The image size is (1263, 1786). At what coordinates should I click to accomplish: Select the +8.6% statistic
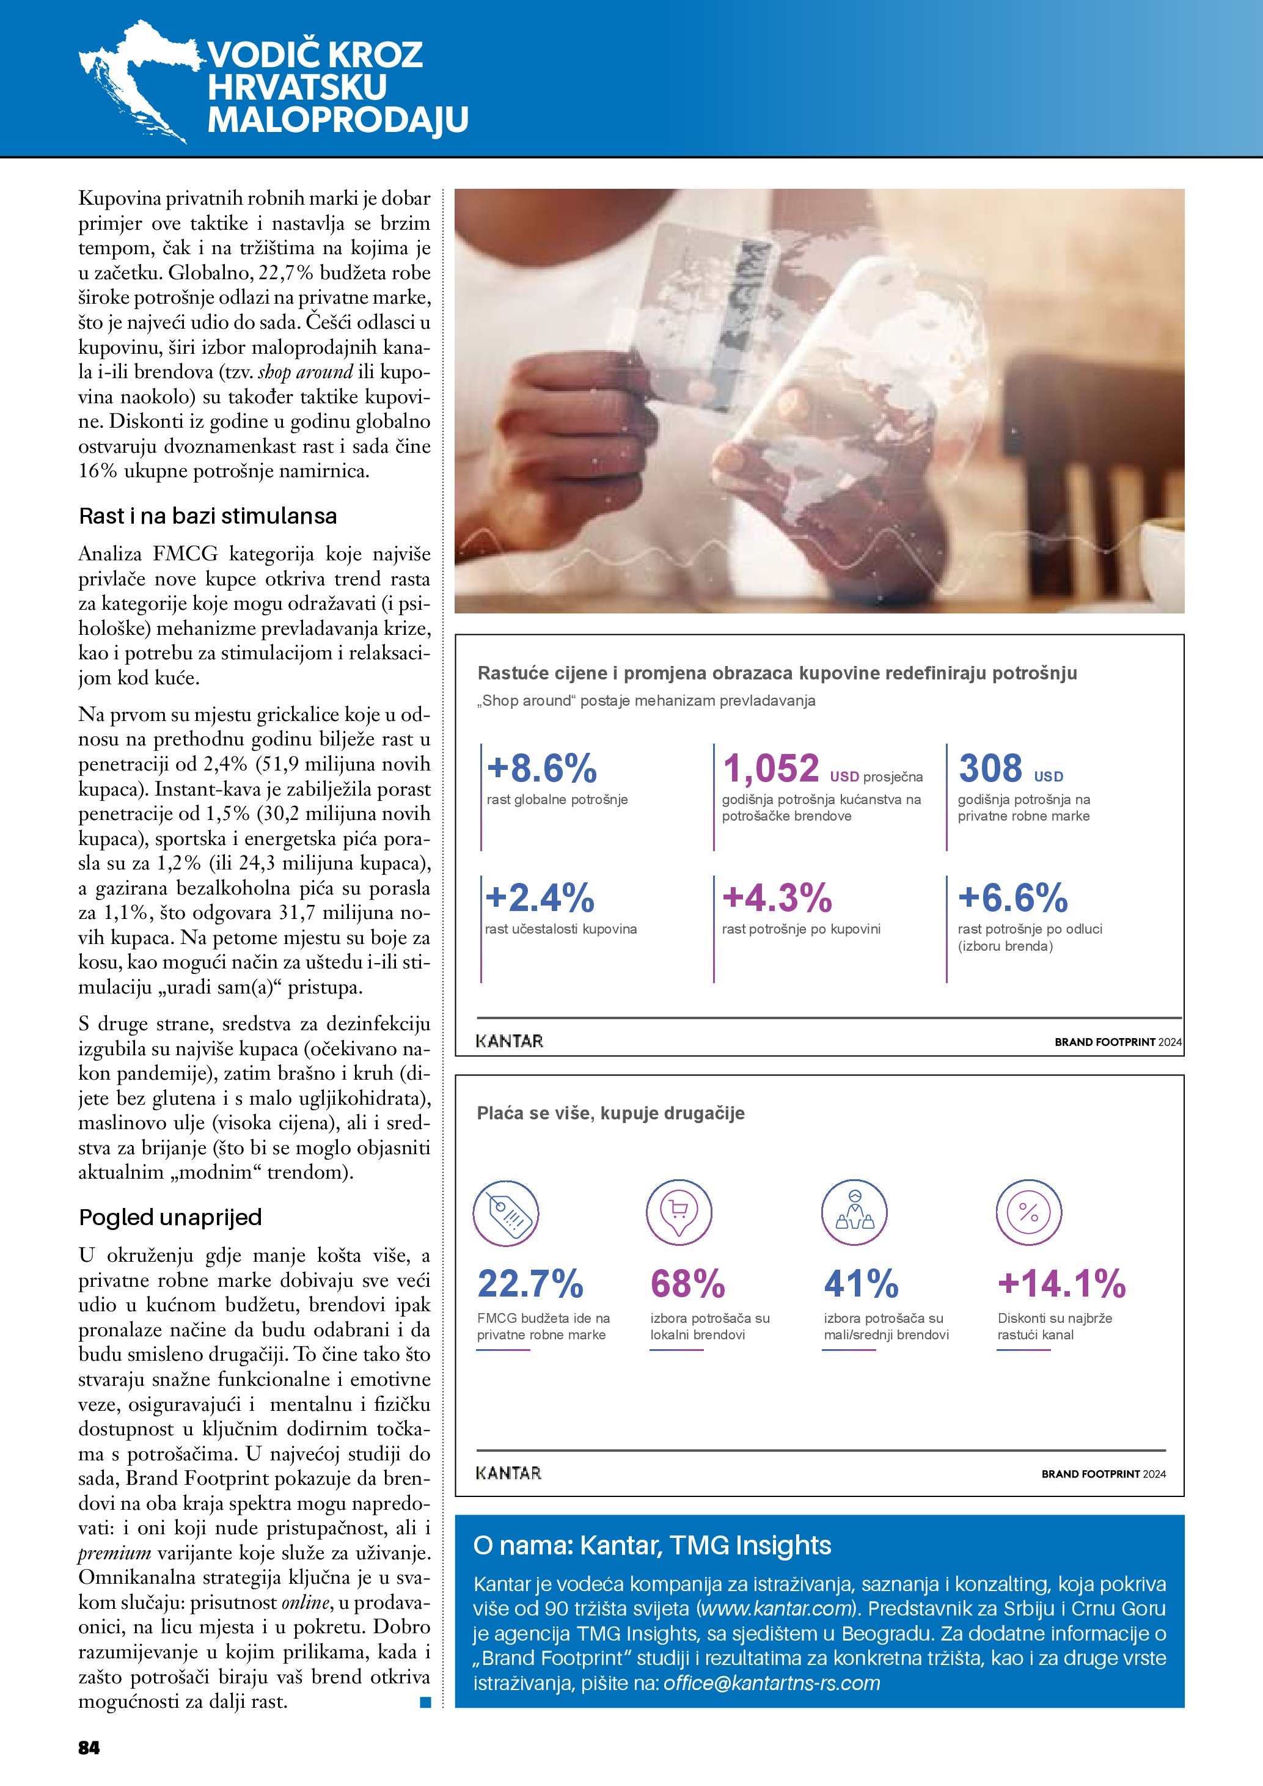point(542,769)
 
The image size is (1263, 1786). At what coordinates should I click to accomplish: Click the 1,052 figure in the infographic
point(771,769)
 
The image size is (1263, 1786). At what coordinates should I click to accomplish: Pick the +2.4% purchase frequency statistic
point(540,898)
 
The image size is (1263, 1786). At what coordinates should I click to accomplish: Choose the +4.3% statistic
point(777,898)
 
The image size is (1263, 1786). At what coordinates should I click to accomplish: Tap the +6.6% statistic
point(1012,898)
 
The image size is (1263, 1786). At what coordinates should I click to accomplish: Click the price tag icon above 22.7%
point(505,1213)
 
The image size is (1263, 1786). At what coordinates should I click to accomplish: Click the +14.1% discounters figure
point(1061,1284)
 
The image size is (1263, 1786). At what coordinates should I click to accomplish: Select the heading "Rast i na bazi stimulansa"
point(208,516)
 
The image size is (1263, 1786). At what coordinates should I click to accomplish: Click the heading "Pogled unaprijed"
point(170,1217)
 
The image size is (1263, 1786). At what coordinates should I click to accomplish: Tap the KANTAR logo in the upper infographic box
point(510,1041)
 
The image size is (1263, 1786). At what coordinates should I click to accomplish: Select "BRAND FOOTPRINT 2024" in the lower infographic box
point(1104,1473)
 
